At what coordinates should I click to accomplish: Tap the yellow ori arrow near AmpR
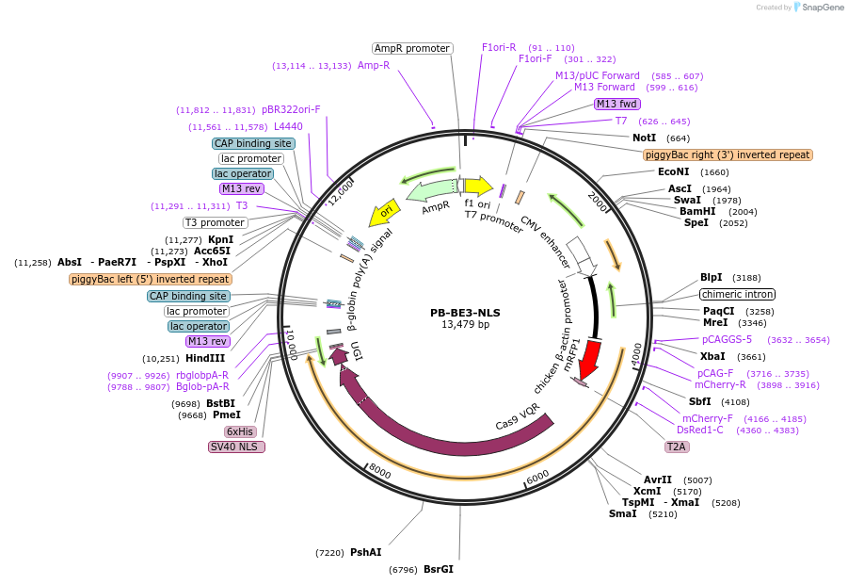pyautogui.click(x=382, y=213)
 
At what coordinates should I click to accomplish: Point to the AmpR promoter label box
pyautogui.click(x=412, y=48)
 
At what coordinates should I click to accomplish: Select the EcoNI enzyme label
pyautogui.click(x=674, y=172)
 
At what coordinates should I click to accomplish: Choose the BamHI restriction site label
pyautogui.click(x=697, y=212)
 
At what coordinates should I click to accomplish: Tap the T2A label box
pyautogui.click(x=676, y=447)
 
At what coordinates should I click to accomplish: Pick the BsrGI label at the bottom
pyautogui.click(x=439, y=569)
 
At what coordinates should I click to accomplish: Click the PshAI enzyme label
pyautogui.click(x=365, y=552)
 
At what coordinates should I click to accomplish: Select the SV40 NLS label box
pyautogui.click(x=236, y=447)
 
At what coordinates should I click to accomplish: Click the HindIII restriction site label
pyautogui.click(x=204, y=358)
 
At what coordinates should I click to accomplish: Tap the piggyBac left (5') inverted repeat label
pyautogui.click(x=151, y=279)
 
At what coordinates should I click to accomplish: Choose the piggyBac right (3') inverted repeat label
pyautogui.click(x=728, y=154)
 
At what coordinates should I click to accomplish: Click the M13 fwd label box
pyautogui.click(x=617, y=104)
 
